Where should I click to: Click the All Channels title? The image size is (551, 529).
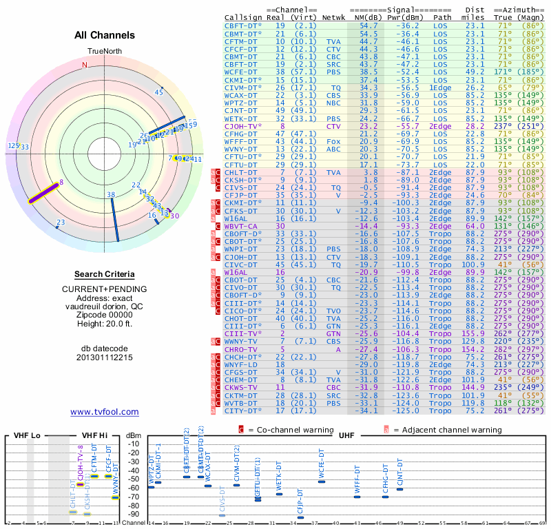[x=105, y=35]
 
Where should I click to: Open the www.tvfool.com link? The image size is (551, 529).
[x=105, y=412]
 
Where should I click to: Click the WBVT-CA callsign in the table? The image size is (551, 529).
[x=240, y=226]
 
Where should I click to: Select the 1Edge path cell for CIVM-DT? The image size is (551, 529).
[x=440, y=87]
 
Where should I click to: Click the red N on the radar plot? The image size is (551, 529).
[x=85, y=65]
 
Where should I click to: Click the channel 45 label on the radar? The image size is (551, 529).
[x=159, y=92]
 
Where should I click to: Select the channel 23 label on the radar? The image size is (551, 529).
[x=61, y=222]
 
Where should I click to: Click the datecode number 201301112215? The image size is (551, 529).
[x=105, y=357]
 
